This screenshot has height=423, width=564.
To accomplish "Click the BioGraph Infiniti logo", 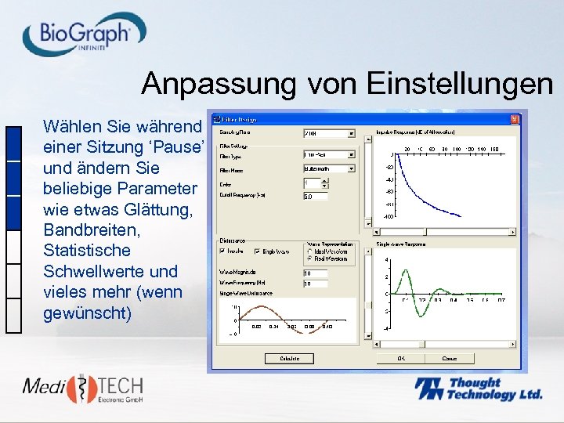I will pyautogui.click(x=84, y=34).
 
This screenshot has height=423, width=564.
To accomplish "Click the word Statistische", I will pyautogui.click(x=87, y=251).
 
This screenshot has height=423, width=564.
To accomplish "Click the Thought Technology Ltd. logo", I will pyautogui.click(x=477, y=389).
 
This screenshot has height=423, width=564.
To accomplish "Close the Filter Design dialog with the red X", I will pyautogui.click(x=515, y=120).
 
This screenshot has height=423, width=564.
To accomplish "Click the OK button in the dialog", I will pyautogui.click(x=401, y=358).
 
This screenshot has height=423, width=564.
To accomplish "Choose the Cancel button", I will pyautogui.click(x=449, y=358).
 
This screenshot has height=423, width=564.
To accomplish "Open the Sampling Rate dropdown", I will pyautogui.click(x=351, y=134).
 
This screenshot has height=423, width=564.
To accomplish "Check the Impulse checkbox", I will pyautogui.click(x=224, y=251).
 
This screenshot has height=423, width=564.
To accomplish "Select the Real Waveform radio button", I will pyautogui.click(x=310, y=258).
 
